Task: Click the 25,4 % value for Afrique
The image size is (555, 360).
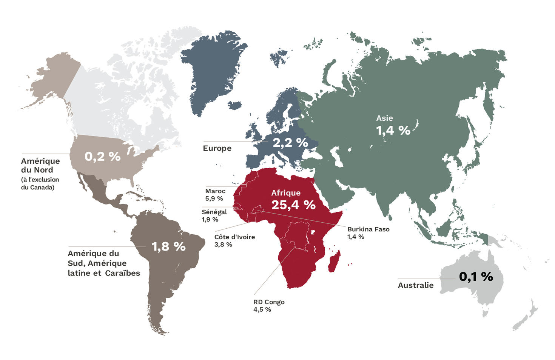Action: [x=293, y=205]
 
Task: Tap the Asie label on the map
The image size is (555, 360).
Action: [x=384, y=118]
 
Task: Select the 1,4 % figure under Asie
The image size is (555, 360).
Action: [x=393, y=131]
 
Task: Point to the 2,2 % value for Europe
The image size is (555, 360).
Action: [x=290, y=143]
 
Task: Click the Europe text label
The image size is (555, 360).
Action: [x=217, y=148]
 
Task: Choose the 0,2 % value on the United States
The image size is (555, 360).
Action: [x=102, y=156]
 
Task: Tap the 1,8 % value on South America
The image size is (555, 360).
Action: [x=168, y=247]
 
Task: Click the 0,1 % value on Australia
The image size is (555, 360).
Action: [x=476, y=277]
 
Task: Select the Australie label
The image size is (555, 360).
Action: [x=415, y=285]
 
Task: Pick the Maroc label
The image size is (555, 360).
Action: [x=215, y=191]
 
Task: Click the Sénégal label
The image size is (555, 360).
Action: [x=214, y=212]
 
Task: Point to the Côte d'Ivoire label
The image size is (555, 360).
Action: [x=234, y=237]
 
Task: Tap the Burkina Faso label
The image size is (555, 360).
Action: [x=368, y=229]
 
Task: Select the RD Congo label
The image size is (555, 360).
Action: [x=269, y=302]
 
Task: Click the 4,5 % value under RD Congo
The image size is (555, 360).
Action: [x=262, y=310]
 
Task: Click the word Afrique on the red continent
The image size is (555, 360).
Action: [x=286, y=193]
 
